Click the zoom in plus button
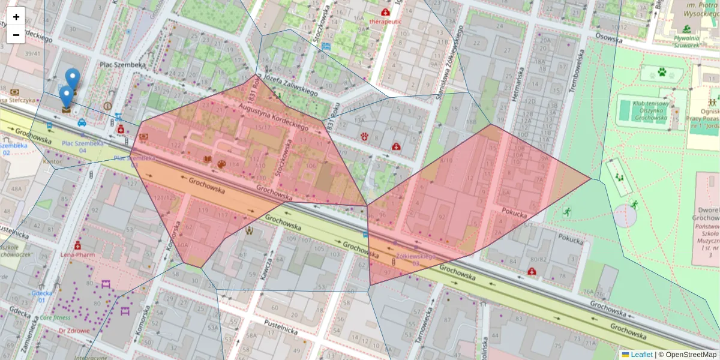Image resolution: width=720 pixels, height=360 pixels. [16, 17]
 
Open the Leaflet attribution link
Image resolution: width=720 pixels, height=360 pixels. [641, 355]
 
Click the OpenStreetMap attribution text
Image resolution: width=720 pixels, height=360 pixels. [688, 355]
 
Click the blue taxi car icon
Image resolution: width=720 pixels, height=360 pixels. [82, 123]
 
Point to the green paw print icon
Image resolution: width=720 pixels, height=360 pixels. [662, 73]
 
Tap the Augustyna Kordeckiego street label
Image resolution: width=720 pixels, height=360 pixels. [274, 116]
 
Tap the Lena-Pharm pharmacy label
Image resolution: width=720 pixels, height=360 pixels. [78, 254]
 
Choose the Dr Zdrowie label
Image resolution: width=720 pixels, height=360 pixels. [74, 331]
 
